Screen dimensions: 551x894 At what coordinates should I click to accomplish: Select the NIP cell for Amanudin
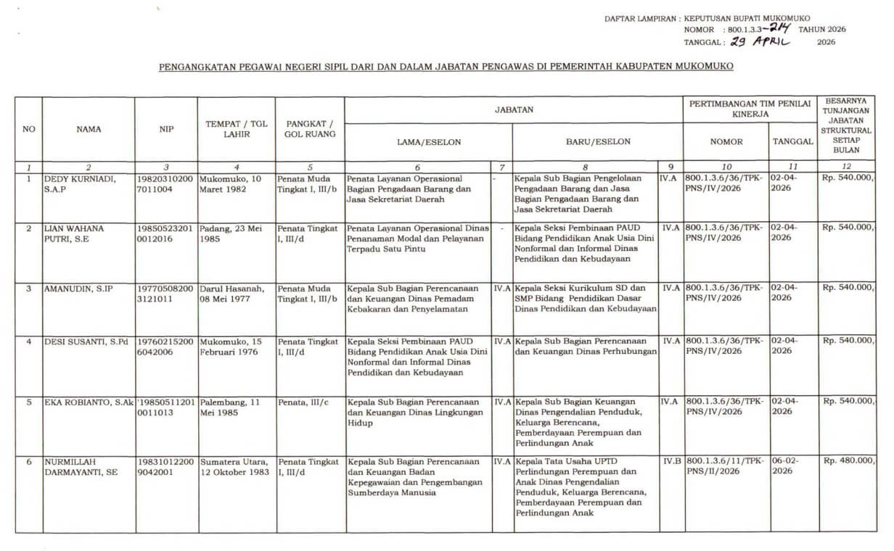click(x=165, y=293)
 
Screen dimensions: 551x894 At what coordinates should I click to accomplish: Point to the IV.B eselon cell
click(x=671, y=460)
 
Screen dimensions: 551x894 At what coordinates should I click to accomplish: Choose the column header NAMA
click(x=89, y=130)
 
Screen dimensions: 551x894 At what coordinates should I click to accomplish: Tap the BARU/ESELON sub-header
click(x=598, y=142)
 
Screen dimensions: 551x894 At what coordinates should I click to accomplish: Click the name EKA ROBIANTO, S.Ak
click(x=89, y=401)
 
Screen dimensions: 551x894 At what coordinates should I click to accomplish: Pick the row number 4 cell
click(x=29, y=341)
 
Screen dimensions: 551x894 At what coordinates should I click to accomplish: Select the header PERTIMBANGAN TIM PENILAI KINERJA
click(x=750, y=109)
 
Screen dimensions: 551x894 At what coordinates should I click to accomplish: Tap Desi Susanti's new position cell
click(x=586, y=346)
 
